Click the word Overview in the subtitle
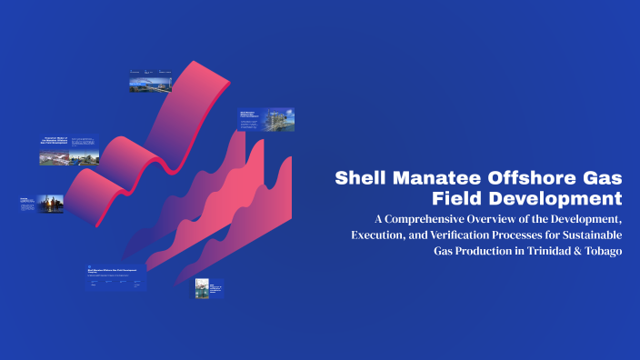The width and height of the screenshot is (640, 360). pos(515,219)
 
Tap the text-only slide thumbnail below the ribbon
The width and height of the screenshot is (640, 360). pos(115,278)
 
